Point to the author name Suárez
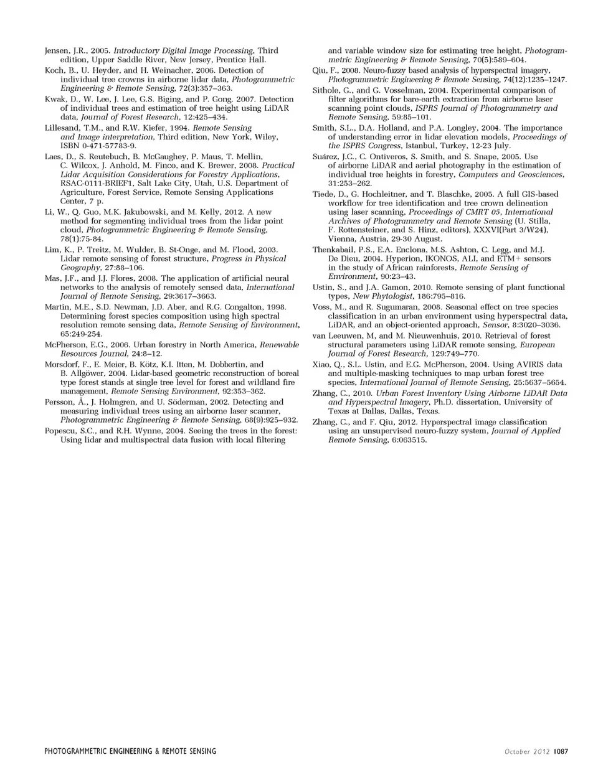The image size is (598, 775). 326,157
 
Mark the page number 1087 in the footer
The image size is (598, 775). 561,751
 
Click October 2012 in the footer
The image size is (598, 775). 527,751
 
